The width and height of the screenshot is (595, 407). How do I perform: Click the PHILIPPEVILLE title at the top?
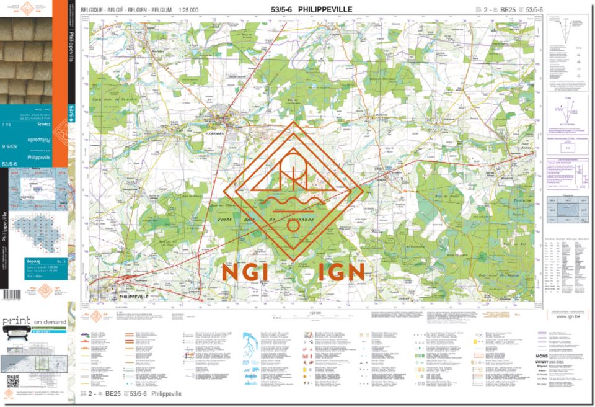325,9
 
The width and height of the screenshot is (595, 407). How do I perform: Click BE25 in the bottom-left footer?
112,394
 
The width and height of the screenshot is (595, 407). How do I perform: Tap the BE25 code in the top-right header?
508,10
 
